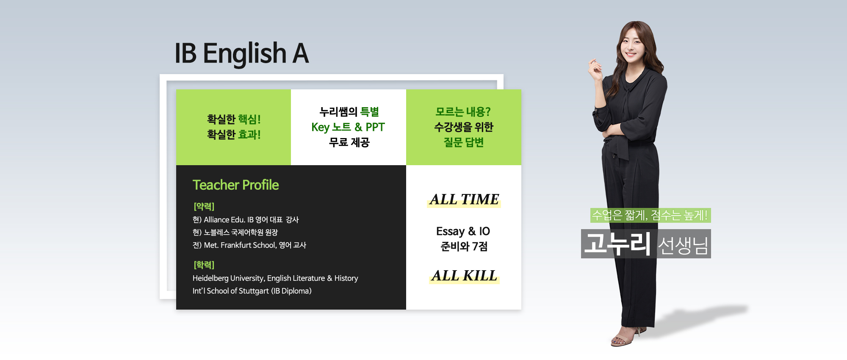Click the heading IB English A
[242, 54]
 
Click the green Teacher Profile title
[235, 185]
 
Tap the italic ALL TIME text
[464, 199]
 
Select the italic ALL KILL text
[465, 276]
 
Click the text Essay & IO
[463, 231]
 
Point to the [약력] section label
[204, 206]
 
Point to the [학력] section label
[204, 265]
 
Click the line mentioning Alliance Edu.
[246, 219]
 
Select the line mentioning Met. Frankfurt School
[249, 245]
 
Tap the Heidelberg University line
[275, 278]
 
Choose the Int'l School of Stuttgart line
[252, 291]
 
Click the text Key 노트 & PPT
[348, 127]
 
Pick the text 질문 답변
[464, 142]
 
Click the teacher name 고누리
[617, 244]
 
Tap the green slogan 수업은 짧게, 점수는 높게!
[650, 215]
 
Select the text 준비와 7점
[464, 246]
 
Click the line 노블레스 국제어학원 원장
[235, 232]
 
